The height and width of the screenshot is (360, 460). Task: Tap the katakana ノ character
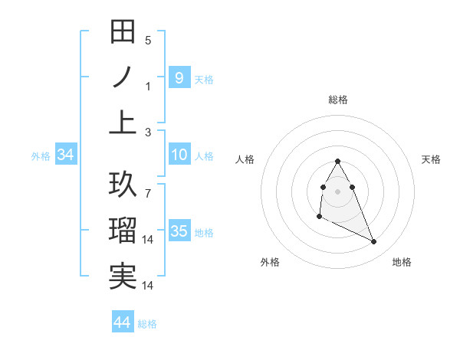[123, 78]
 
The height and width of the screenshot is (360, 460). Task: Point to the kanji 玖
[123, 185]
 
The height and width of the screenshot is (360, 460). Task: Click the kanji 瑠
[123, 231]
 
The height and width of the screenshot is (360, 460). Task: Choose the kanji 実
[123, 277]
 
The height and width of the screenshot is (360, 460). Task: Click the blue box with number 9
[179, 77]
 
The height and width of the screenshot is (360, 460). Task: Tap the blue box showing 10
[179, 155]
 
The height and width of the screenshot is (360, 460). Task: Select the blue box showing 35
[179, 231]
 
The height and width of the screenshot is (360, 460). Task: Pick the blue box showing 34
[65, 155]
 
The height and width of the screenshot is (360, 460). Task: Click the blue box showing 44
[122, 322]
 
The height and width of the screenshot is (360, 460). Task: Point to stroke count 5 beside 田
[148, 40]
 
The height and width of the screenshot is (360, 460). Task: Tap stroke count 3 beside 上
[148, 132]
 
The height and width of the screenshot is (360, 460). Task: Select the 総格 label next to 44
[147, 324]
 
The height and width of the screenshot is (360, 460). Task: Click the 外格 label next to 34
[41, 156]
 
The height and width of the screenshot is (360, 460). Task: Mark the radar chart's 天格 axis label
[431, 159]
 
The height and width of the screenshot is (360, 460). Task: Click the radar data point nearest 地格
[374, 242]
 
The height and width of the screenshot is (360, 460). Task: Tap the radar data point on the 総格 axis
[337, 161]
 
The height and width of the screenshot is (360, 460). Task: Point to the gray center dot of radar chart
[337, 190]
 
